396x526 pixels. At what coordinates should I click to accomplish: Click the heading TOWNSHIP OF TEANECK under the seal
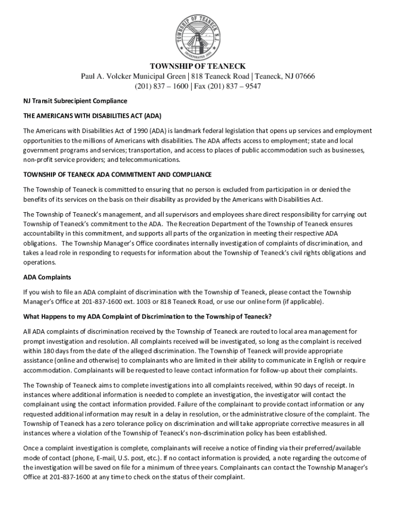197,66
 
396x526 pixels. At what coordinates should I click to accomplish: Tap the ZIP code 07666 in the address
304,77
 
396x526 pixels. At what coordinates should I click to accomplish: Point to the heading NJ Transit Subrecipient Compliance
74,101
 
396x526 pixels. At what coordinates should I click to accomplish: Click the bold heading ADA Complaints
47,277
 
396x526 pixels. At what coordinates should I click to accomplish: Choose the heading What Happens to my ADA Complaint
147,316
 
